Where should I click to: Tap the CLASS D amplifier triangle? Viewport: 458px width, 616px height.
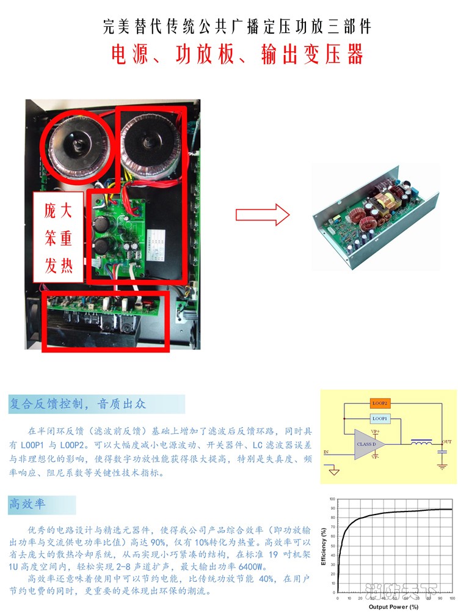369,444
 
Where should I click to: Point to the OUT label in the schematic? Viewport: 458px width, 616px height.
446,441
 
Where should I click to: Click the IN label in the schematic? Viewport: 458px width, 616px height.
325,453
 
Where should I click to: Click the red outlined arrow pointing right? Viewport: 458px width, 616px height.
262,214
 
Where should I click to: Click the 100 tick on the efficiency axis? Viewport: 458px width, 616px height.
332,499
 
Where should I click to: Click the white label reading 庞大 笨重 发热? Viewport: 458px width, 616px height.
58,239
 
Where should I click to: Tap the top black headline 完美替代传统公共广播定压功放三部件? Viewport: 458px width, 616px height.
237,28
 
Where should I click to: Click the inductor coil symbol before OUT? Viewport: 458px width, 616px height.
422,442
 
